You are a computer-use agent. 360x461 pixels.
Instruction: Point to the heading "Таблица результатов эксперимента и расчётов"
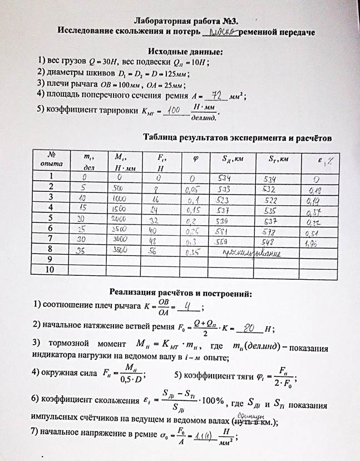click(x=237, y=136)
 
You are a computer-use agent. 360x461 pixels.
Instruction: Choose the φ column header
click(x=196, y=159)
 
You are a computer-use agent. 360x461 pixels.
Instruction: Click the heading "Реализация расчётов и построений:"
click(x=181, y=292)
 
